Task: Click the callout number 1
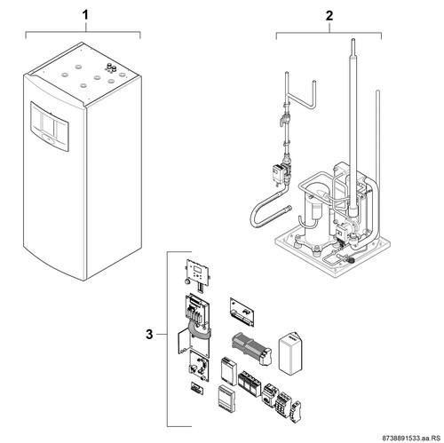[x=85, y=15]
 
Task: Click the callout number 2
[x=329, y=15]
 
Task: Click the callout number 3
[x=149, y=335]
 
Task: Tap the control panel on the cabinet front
[x=50, y=127]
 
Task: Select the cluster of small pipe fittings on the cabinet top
[x=110, y=68]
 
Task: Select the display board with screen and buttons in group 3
[x=198, y=273]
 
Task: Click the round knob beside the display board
[x=187, y=281]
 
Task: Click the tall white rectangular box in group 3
[x=290, y=352]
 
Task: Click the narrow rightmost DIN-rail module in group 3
[x=297, y=410]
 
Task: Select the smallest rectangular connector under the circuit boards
[x=197, y=388]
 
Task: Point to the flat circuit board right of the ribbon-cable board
[x=242, y=312]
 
